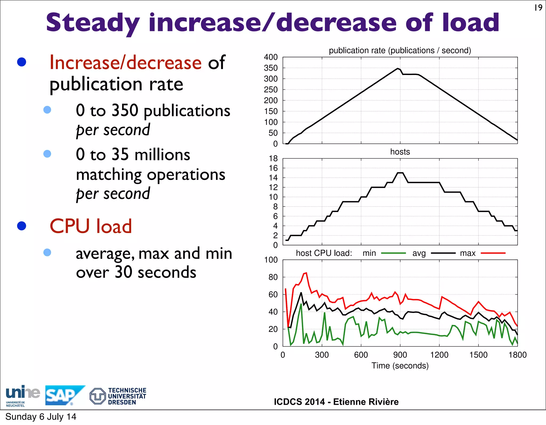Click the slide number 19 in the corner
[538, 8]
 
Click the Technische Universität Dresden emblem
[98, 396]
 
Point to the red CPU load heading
[91, 226]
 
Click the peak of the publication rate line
[398, 69]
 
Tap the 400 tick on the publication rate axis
[271, 57]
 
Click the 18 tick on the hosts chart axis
[273, 158]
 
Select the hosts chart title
[400, 152]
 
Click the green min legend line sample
[393, 253]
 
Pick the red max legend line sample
[493, 253]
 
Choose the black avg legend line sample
[443, 253]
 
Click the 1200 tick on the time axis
[439, 355]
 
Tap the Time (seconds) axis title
[400, 366]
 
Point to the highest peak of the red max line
[306, 273]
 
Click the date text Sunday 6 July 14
[41, 417]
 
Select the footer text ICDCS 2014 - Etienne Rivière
[336, 402]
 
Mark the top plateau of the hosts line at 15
[400, 173]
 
